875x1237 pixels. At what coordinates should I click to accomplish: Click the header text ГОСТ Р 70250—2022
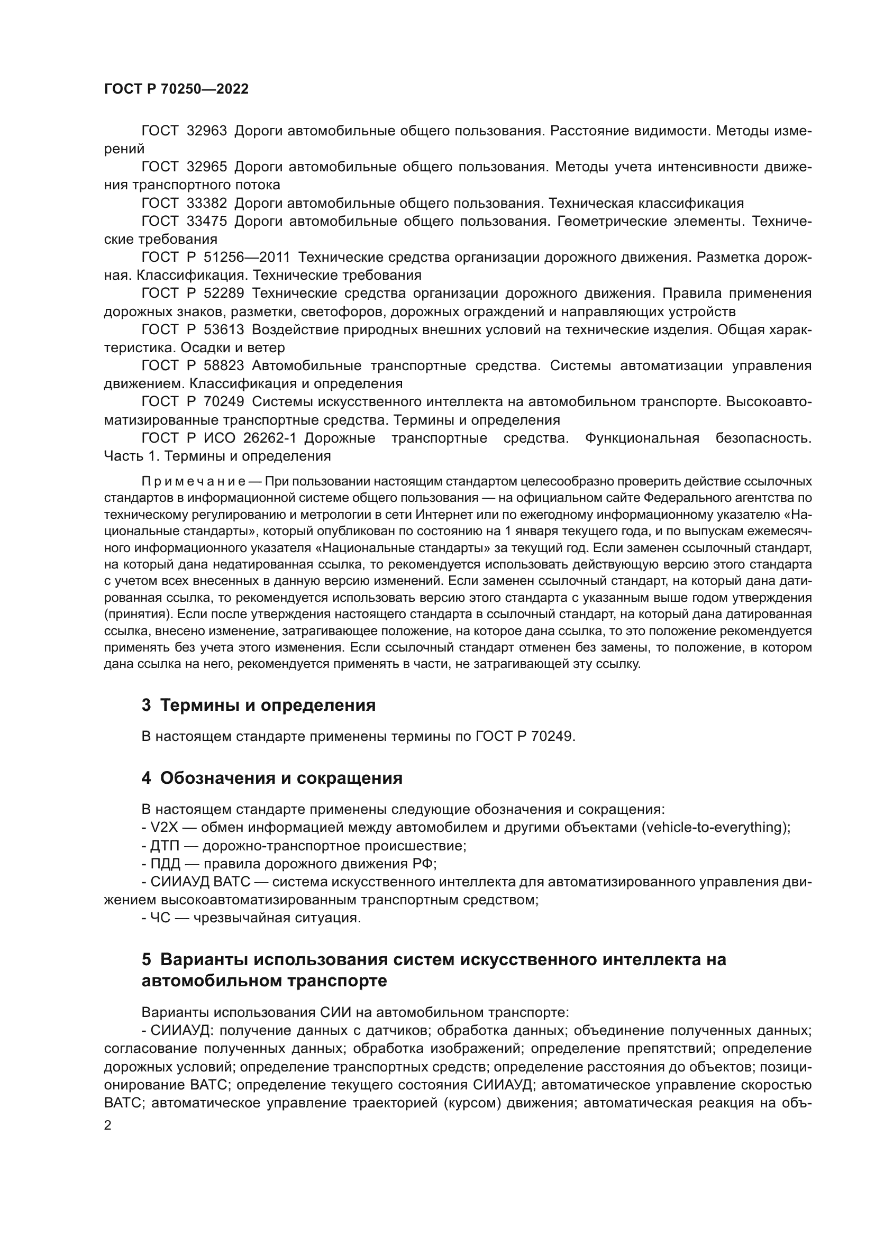coord(176,89)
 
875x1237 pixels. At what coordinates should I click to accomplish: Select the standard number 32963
coord(207,131)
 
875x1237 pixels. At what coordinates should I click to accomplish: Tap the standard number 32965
coord(207,167)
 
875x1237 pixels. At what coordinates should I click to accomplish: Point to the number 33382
coord(207,203)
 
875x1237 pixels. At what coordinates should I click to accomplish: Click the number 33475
coord(207,222)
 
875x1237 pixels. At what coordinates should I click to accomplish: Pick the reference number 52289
coord(224,294)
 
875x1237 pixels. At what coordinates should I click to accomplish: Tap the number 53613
coord(224,329)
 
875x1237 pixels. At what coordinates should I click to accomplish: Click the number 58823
coord(224,366)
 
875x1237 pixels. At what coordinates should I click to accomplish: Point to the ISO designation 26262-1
coord(269,438)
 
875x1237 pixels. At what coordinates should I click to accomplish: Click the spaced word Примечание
coord(194,481)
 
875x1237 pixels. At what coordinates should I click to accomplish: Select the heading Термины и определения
coord(268,705)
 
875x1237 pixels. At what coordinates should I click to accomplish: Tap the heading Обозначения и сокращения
coord(281,778)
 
